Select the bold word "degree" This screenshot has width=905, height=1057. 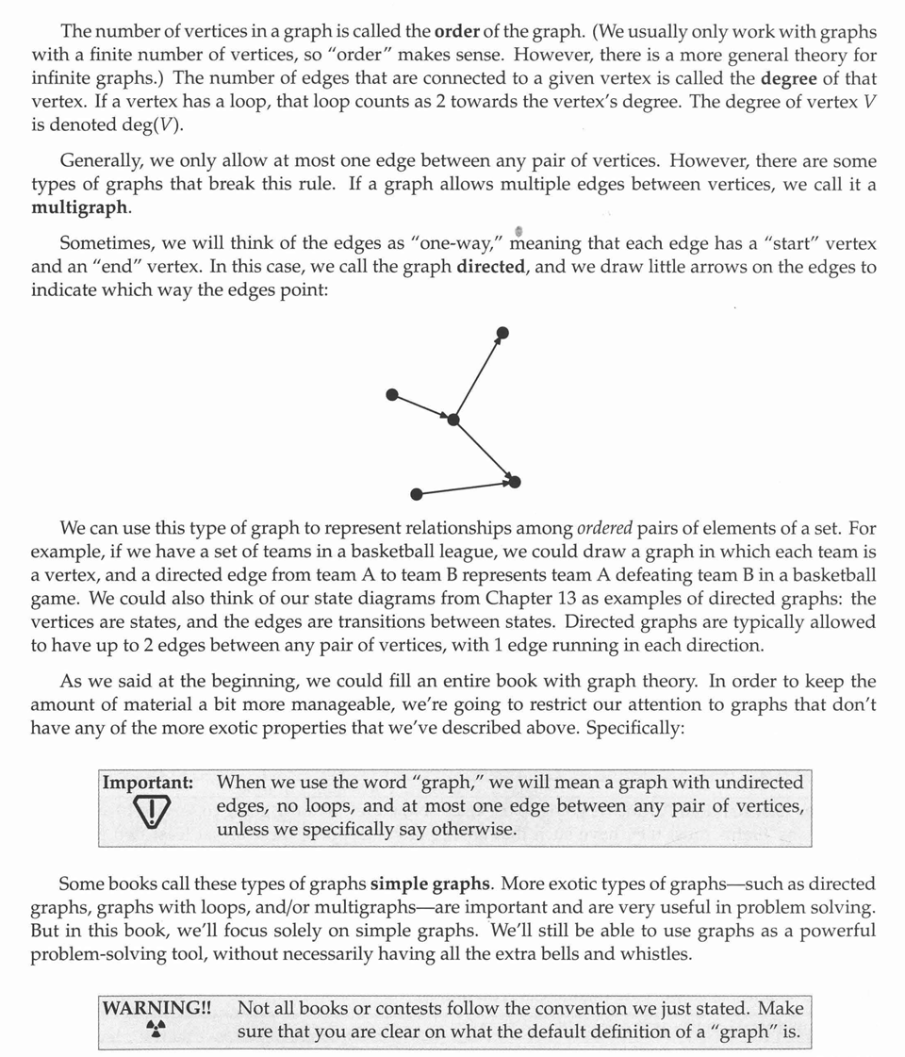point(789,78)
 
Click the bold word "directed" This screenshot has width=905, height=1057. point(489,267)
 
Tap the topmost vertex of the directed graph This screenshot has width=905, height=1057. point(502,332)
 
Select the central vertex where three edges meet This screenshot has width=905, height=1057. point(453,420)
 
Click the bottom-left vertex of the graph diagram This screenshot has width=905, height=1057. point(417,494)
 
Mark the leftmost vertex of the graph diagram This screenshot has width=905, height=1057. point(393,394)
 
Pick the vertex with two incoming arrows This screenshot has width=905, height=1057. point(515,482)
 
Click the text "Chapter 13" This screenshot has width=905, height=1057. point(528,599)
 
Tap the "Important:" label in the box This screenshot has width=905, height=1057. point(148,783)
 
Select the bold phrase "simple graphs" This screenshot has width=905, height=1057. point(431,884)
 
